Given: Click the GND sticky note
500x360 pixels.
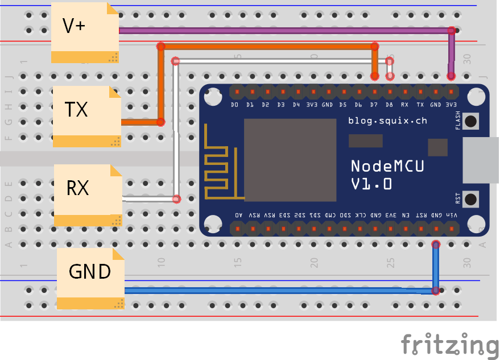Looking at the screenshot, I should (x=90, y=272).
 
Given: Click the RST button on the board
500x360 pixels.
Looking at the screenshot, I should (x=471, y=199).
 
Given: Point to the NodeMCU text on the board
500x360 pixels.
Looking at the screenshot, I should (x=387, y=166).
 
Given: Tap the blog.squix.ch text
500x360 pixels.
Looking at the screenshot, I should (x=387, y=121).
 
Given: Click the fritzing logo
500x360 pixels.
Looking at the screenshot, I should (x=449, y=345).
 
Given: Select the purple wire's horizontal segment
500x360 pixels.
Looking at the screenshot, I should (x=284, y=31).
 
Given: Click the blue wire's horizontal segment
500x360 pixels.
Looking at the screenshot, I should (x=279, y=291).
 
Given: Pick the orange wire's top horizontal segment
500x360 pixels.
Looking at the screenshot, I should (x=267, y=47).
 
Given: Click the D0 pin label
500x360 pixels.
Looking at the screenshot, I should (x=234, y=105).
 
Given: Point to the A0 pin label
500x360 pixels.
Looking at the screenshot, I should (x=238, y=216).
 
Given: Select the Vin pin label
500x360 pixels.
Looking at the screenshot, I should (x=453, y=216).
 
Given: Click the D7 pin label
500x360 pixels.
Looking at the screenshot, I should (x=374, y=105).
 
